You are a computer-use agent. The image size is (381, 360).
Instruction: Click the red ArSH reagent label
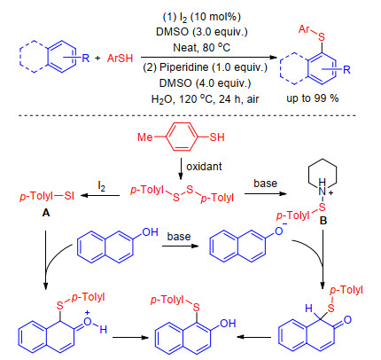click(120, 59)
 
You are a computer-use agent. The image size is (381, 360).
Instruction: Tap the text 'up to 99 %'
click(313, 98)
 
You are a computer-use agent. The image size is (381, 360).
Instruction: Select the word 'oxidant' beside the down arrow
click(204, 167)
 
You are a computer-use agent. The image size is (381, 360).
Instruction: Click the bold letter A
click(46, 213)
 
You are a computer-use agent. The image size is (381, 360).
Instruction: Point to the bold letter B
click(323, 221)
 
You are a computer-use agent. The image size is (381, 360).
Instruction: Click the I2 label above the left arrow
click(101, 187)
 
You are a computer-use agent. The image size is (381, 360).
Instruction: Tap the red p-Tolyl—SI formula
click(47, 196)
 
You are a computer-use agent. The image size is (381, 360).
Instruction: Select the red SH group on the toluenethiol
click(217, 137)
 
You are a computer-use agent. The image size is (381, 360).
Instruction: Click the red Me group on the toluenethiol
click(145, 137)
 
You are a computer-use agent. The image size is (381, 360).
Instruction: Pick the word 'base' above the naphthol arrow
click(179, 237)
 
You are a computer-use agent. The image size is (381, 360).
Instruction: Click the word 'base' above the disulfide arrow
click(265, 184)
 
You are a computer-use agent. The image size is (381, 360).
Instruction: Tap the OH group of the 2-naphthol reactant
click(151, 232)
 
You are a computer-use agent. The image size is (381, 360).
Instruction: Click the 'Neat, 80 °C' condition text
click(201, 48)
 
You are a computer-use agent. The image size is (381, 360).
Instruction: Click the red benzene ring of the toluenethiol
click(181, 137)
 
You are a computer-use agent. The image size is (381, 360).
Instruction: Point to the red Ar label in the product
click(304, 29)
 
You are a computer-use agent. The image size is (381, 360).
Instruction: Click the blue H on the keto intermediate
click(308, 309)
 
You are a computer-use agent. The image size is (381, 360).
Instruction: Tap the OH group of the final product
click(228, 324)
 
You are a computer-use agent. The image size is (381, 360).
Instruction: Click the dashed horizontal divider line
click(187, 115)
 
